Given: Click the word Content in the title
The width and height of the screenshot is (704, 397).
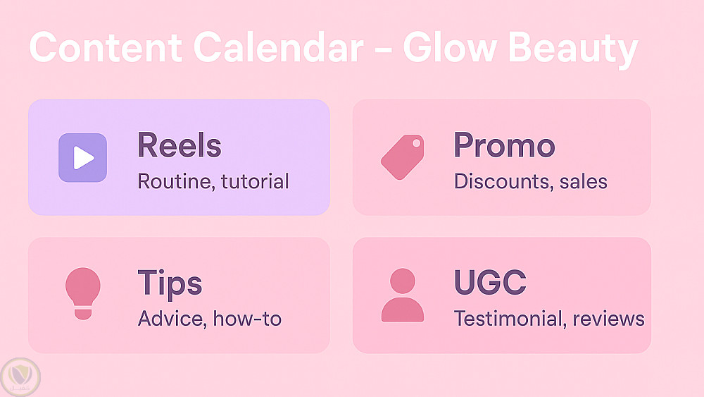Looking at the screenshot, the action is [x=106, y=47].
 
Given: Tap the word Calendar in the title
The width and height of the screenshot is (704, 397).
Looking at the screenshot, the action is [x=278, y=47].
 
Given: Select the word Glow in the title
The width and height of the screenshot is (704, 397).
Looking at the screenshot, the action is [x=449, y=47].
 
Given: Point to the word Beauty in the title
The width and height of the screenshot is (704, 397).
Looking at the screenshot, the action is [x=573, y=50].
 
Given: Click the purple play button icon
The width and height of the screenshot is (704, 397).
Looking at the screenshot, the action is [x=82, y=158].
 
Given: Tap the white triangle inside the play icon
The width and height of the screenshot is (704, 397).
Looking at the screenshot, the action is [x=83, y=158].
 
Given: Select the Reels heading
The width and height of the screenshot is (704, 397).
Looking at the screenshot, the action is [x=179, y=145].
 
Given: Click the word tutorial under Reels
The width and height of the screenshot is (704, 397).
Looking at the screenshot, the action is [x=255, y=181].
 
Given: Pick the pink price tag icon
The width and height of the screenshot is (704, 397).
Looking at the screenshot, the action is [x=402, y=157].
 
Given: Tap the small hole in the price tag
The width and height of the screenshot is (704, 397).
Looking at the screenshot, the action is [x=416, y=143].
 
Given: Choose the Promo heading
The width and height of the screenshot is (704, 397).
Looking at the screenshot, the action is [x=504, y=145].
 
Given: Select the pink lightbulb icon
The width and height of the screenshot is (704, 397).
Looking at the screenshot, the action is [x=83, y=293].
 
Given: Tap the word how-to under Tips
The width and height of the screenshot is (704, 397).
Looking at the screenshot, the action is [x=247, y=318].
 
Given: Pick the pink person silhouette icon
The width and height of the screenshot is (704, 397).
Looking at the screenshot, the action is [x=402, y=295].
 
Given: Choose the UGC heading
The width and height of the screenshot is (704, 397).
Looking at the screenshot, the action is [x=490, y=282].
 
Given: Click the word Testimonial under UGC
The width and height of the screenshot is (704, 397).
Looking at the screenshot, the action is [x=508, y=318].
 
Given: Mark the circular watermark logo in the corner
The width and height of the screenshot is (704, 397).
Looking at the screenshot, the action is [x=20, y=377].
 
